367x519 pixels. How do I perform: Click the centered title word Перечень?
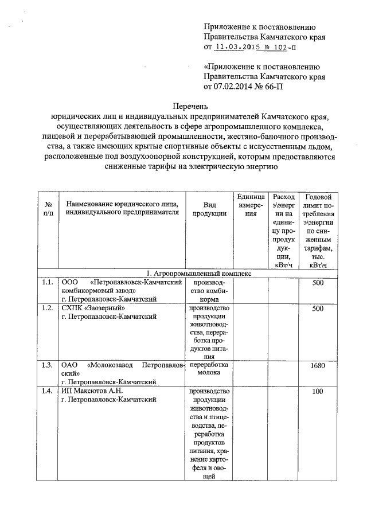click(x=191, y=106)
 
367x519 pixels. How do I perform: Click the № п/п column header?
click(x=48, y=209)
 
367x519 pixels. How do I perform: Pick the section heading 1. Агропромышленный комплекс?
click(x=191, y=274)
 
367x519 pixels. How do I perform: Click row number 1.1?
click(x=48, y=283)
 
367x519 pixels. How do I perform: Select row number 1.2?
click(x=48, y=309)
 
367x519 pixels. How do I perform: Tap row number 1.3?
click(x=48, y=365)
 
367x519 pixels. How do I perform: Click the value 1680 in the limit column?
click(x=317, y=365)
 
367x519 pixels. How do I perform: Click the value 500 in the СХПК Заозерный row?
click(x=317, y=309)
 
